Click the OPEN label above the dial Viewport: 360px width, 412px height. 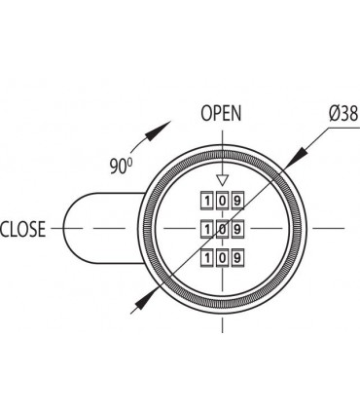click(x=221, y=113)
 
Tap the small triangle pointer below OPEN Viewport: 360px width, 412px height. click(x=222, y=180)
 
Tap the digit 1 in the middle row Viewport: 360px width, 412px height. click(x=208, y=230)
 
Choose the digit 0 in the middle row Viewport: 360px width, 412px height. click(x=223, y=230)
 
